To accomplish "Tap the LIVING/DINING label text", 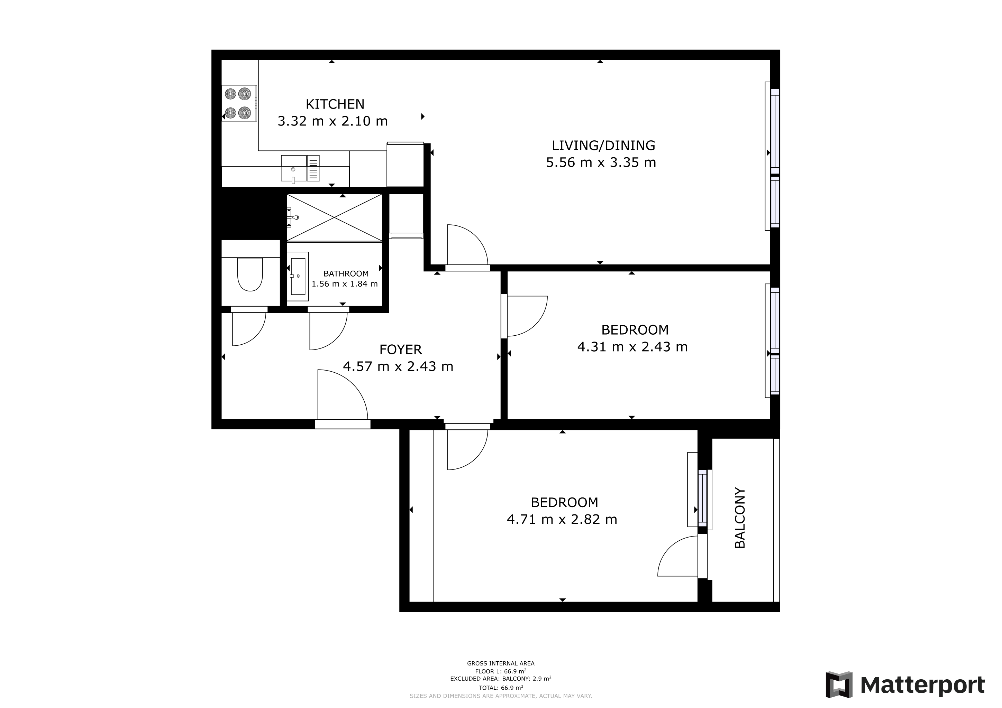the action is pyautogui.click(x=603, y=146).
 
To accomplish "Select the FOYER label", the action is pyautogui.click(x=400, y=350).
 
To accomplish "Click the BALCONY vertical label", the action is pyautogui.click(x=740, y=518).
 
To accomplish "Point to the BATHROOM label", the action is pyautogui.click(x=346, y=274).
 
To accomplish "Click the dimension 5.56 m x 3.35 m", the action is pyautogui.click(x=601, y=162).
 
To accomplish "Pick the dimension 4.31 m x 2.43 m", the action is pyautogui.click(x=632, y=347).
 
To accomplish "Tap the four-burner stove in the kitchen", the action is pyautogui.click(x=239, y=103).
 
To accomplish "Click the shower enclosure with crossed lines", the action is pyautogui.click(x=334, y=217).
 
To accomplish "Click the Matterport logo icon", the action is pyautogui.click(x=839, y=685).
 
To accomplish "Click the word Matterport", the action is pyautogui.click(x=922, y=685).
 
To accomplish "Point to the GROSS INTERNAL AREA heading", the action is pyautogui.click(x=501, y=663).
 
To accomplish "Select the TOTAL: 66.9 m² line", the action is pyautogui.click(x=501, y=688).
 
